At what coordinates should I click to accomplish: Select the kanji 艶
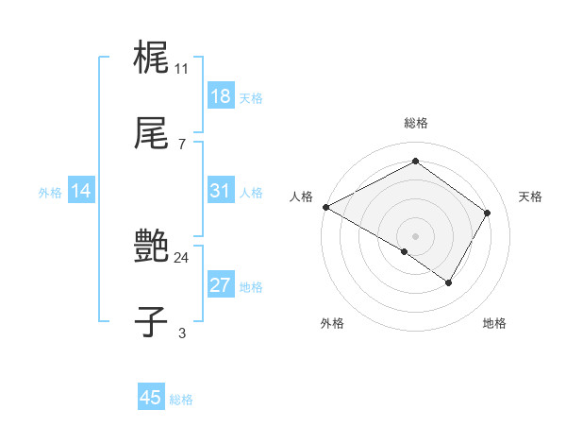point(151,247)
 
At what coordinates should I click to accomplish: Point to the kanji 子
point(151,324)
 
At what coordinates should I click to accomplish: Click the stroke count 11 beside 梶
point(182,68)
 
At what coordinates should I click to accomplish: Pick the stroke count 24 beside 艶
point(182,257)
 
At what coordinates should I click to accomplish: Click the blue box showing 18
point(221,95)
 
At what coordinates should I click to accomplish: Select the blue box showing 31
point(221,191)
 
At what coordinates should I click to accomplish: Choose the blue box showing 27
point(221,285)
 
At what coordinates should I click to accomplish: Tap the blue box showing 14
point(81,191)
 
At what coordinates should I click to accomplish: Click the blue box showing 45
point(151,398)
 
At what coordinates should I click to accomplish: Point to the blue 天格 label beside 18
point(251,98)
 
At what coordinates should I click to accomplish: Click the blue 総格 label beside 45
point(181,400)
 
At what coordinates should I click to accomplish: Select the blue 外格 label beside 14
point(50,193)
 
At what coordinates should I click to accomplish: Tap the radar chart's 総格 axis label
point(416,123)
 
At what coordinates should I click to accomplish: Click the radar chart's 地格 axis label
point(494,323)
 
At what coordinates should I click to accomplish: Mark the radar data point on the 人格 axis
point(325,207)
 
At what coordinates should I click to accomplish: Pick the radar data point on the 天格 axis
point(488,213)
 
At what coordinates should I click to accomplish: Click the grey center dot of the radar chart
point(416,235)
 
